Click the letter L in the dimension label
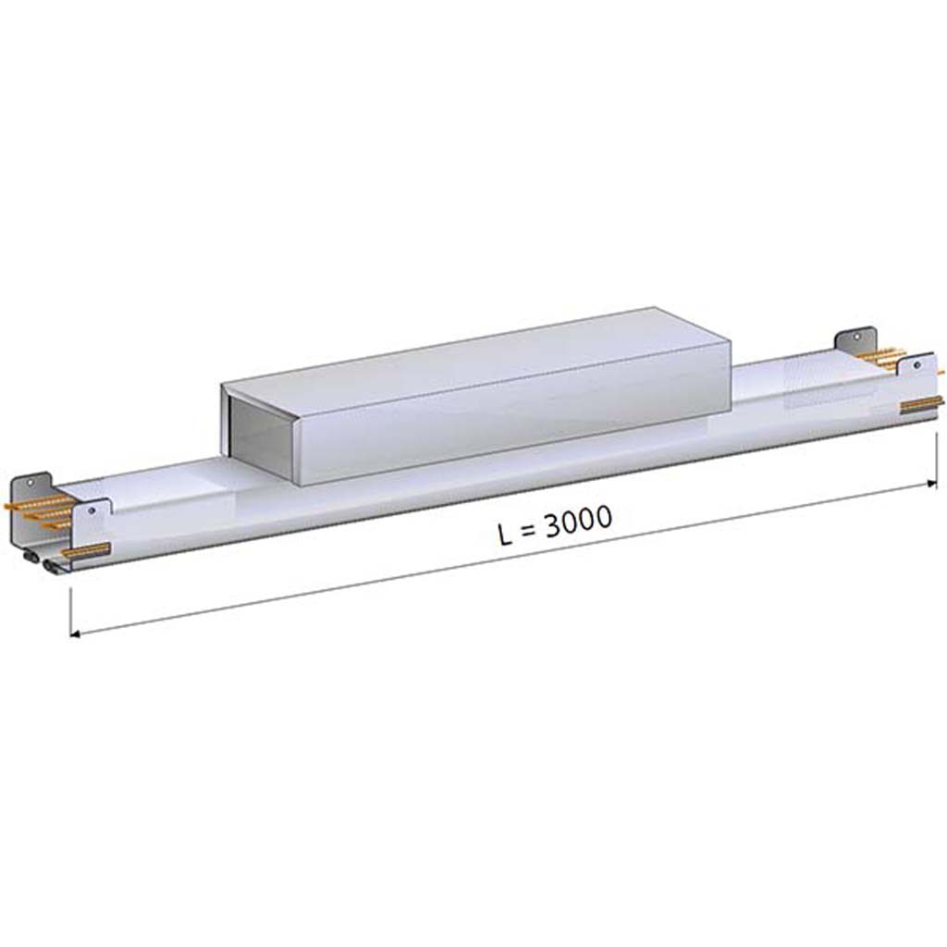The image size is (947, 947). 506,535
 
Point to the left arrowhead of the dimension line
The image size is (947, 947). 75,633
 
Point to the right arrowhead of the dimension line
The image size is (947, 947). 932,483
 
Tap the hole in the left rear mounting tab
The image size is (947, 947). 30,482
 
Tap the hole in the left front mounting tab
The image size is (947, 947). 92,510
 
